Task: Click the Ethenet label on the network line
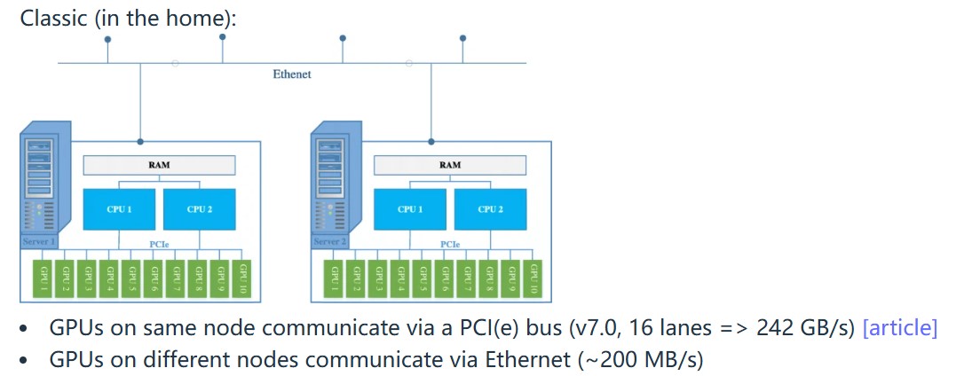291,74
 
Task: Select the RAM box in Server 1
159,165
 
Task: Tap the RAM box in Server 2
449,165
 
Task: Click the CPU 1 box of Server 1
120,209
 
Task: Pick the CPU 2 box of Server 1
199,209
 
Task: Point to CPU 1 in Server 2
410,209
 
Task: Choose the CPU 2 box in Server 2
490,209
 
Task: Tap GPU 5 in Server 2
423,278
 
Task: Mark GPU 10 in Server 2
533,278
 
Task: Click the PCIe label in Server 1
159,242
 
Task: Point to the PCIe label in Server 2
450,242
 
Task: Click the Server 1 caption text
38,242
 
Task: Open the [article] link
899,328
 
